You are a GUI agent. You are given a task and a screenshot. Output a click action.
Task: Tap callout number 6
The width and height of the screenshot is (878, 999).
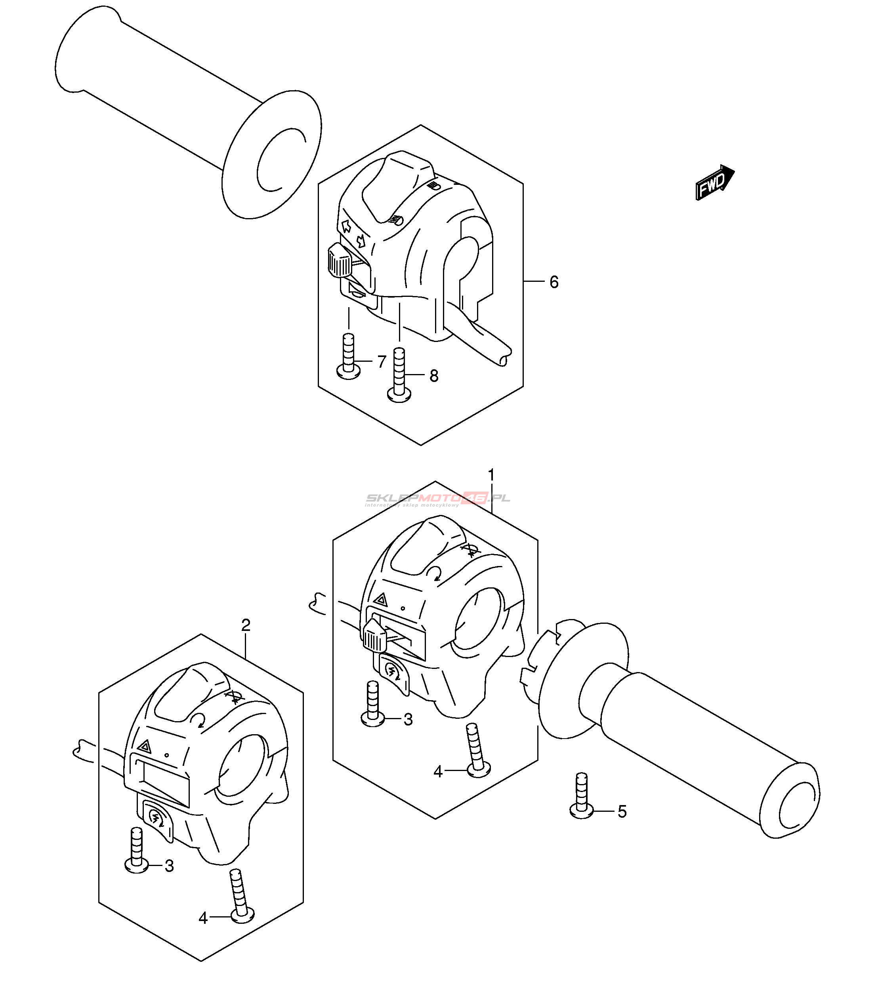(x=554, y=282)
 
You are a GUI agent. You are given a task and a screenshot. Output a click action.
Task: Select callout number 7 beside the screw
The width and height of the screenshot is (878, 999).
(x=382, y=362)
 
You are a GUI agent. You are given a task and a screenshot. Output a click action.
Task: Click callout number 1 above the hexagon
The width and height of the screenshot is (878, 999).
(x=491, y=475)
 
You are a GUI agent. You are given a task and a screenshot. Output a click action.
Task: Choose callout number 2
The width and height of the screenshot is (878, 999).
(x=246, y=625)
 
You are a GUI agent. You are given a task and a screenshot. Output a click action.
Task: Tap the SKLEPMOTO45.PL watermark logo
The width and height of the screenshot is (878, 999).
(x=438, y=499)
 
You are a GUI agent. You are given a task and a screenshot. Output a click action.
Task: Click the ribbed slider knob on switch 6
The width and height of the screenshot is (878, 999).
(x=338, y=260)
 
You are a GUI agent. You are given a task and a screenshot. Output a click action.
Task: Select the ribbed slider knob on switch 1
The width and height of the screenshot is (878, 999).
(x=374, y=635)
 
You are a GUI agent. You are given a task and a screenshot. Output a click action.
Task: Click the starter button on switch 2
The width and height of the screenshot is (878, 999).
(x=156, y=817)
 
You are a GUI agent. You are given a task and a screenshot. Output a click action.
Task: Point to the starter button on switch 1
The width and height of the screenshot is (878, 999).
(x=392, y=670)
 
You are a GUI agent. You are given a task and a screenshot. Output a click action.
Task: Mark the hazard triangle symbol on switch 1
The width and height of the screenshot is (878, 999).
(x=380, y=600)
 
